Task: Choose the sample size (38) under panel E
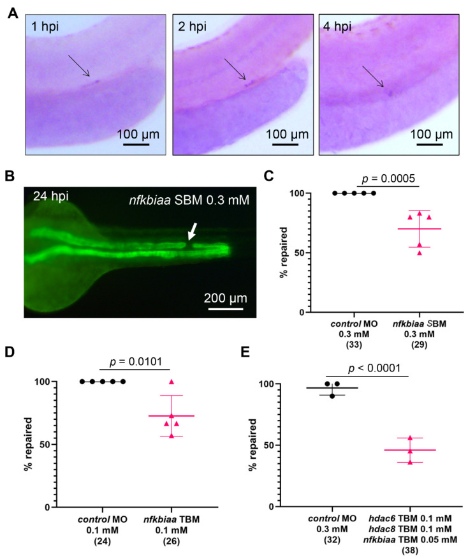coord(411,553)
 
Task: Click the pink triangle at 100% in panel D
coord(170,382)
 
